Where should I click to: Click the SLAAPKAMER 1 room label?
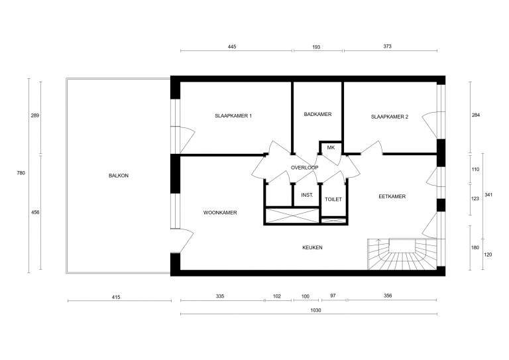click(233, 116)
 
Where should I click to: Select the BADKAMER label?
click(317, 114)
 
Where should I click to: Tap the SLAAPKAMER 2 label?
click(389, 117)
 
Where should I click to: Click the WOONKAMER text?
click(220, 213)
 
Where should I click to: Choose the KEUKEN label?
click(312, 247)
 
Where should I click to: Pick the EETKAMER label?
click(392, 196)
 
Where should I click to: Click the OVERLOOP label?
click(304, 168)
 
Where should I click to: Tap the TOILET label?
click(333, 199)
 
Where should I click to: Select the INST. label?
click(307, 195)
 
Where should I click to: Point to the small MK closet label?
click(331, 147)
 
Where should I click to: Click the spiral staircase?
click(400, 255)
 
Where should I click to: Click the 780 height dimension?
click(21, 173)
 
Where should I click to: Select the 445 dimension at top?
click(232, 47)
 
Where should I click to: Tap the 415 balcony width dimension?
click(116, 297)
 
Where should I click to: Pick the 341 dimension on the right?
click(488, 195)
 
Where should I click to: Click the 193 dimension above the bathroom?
click(316, 47)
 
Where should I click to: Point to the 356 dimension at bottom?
click(387, 297)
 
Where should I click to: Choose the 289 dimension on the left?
click(35, 115)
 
